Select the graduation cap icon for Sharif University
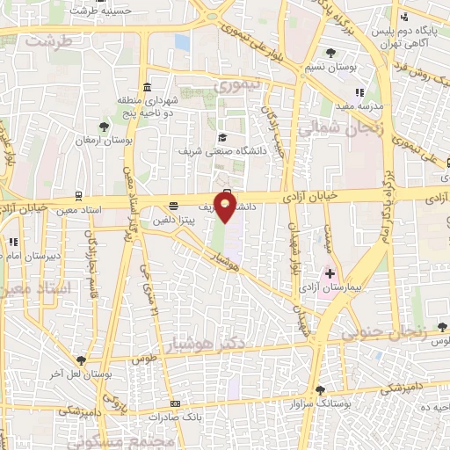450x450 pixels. [222, 137]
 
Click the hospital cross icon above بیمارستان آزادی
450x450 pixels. [330, 274]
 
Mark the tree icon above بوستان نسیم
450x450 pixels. [330, 53]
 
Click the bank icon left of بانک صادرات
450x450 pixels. [175, 403]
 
